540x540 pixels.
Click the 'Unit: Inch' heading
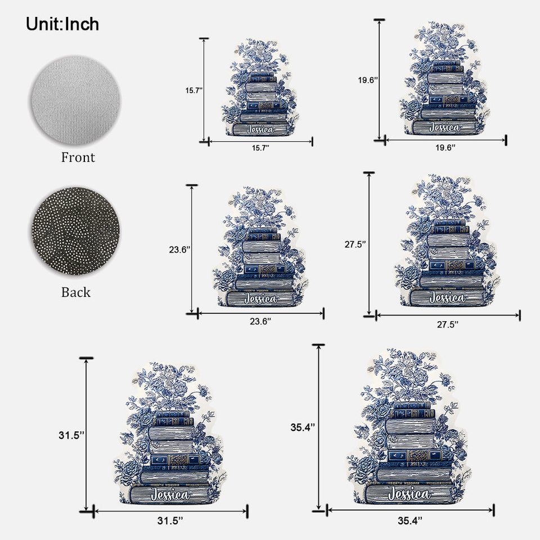(62, 24)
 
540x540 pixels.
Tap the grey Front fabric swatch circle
(76, 100)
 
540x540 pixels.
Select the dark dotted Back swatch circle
(76, 231)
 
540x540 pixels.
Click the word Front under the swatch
(78, 157)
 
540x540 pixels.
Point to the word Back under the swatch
(76, 292)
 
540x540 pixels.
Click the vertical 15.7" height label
(194, 91)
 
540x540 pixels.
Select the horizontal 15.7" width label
(260, 148)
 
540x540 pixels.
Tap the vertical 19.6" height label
(368, 80)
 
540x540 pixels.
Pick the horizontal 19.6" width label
(445, 148)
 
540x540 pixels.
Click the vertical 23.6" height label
(179, 250)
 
